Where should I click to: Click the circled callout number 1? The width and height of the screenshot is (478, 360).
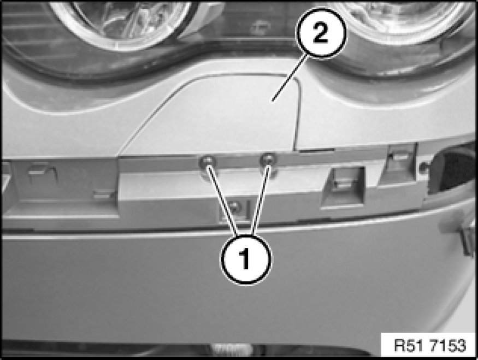pos(246,259)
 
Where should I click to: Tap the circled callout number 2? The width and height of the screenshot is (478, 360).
pos(322,33)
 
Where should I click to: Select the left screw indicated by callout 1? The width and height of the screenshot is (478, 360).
pos(207,162)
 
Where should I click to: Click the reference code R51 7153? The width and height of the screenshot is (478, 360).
pos(430,346)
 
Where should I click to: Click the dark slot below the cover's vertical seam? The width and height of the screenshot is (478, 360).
pos(316,151)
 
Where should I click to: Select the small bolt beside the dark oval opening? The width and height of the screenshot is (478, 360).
pos(422,167)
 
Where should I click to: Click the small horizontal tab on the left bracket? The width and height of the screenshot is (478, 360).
pos(104,194)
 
